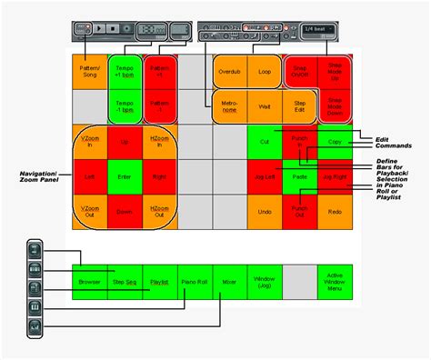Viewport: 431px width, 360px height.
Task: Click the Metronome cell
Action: tap(230, 106)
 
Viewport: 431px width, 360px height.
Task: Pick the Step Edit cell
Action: tap(300, 106)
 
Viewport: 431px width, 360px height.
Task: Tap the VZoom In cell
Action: tap(89, 142)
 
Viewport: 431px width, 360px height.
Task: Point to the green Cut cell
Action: tap(265, 142)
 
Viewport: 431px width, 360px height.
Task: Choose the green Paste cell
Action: tap(300, 177)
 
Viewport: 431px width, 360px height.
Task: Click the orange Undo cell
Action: tap(265, 212)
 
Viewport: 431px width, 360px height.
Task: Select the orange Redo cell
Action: tap(335, 212)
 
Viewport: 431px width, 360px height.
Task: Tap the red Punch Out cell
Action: tap(300, 212)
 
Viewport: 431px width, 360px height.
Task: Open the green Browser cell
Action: tap(89, 283)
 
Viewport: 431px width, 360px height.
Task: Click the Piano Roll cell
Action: tap(195, 283)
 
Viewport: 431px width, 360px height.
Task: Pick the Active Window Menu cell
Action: tap(335, 283)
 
